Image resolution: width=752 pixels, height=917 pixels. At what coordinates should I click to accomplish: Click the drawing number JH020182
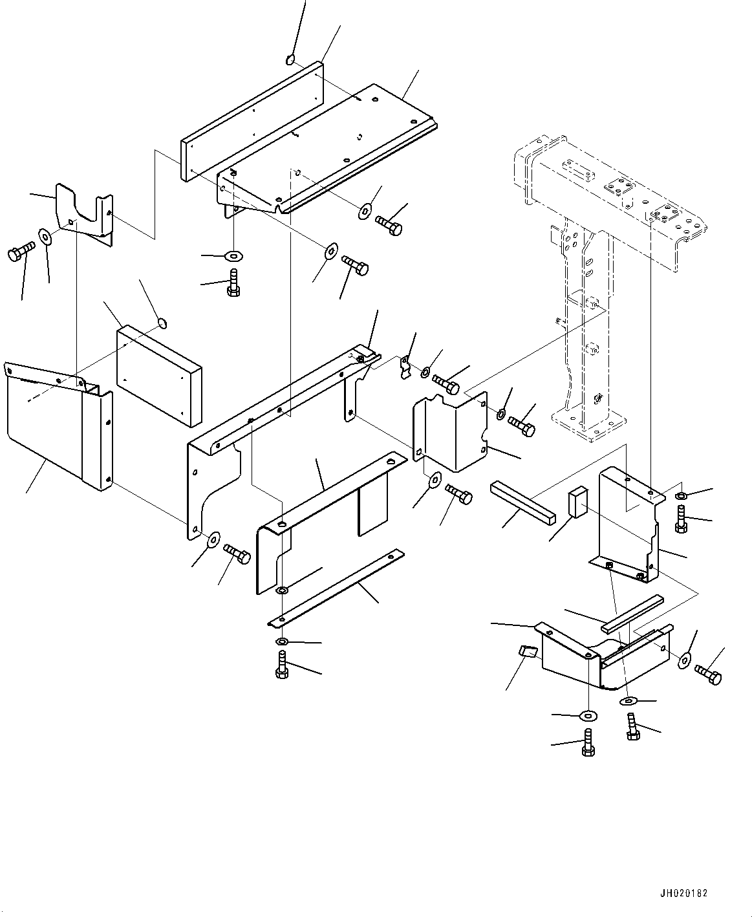point(684,893)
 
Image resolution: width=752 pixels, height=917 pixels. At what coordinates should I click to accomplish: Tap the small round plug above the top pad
point(290,60)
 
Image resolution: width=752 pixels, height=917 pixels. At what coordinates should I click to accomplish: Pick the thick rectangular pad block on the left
point(159,376)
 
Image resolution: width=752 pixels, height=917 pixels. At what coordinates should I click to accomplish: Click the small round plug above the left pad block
point(162,321)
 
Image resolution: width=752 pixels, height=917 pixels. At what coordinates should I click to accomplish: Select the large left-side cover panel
point(52,433)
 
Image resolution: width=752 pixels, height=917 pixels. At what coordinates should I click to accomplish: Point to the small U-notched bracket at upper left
point(84,213)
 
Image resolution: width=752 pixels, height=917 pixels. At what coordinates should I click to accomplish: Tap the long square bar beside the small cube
point(522,501)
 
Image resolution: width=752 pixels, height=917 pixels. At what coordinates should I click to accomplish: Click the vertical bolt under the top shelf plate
point(233,285)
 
